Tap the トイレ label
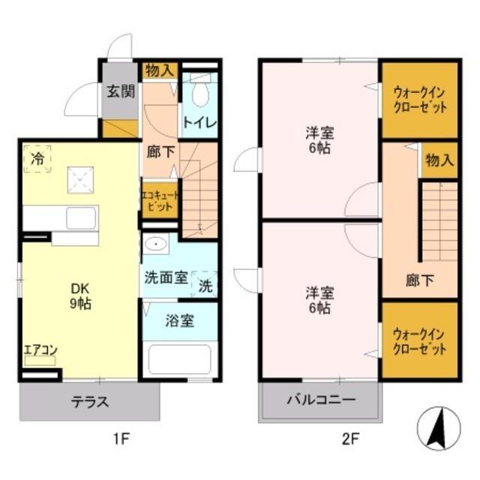199,122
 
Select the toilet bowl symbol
200,94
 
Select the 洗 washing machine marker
205,284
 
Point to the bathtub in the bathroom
180,358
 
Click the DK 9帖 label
81,298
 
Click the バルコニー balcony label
319,399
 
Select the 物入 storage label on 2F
439,160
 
